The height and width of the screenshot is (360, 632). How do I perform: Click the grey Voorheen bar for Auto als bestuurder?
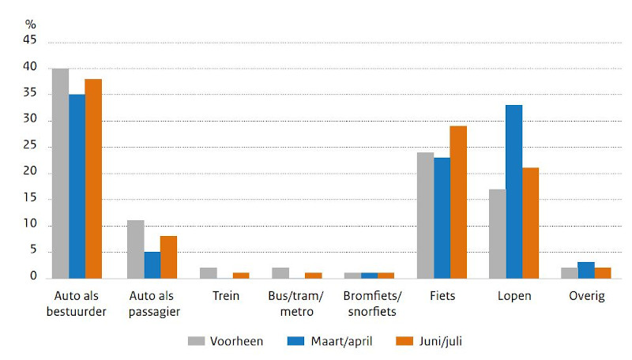pos(60,174)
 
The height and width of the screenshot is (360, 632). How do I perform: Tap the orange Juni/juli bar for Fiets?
pos(458,202)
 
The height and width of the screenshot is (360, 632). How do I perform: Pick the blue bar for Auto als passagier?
pos(152,265)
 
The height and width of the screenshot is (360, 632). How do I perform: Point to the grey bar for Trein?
pos(208,273)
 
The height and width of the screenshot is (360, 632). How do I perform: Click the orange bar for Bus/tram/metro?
pos(313,276)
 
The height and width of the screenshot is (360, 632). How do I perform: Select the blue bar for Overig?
pos(586,270)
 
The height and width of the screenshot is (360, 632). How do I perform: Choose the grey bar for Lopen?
pos(497,234)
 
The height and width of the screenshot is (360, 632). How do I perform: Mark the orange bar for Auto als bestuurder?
pos(93,178)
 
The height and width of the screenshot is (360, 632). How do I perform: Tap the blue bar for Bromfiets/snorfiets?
pos(369,276)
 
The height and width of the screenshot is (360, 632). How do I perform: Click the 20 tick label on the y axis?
pos(30,174)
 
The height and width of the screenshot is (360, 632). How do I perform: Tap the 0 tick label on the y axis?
pos(33,277)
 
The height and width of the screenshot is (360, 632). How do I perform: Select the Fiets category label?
pos(442,297)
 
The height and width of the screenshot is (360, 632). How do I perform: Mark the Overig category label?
pos(586,297)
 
